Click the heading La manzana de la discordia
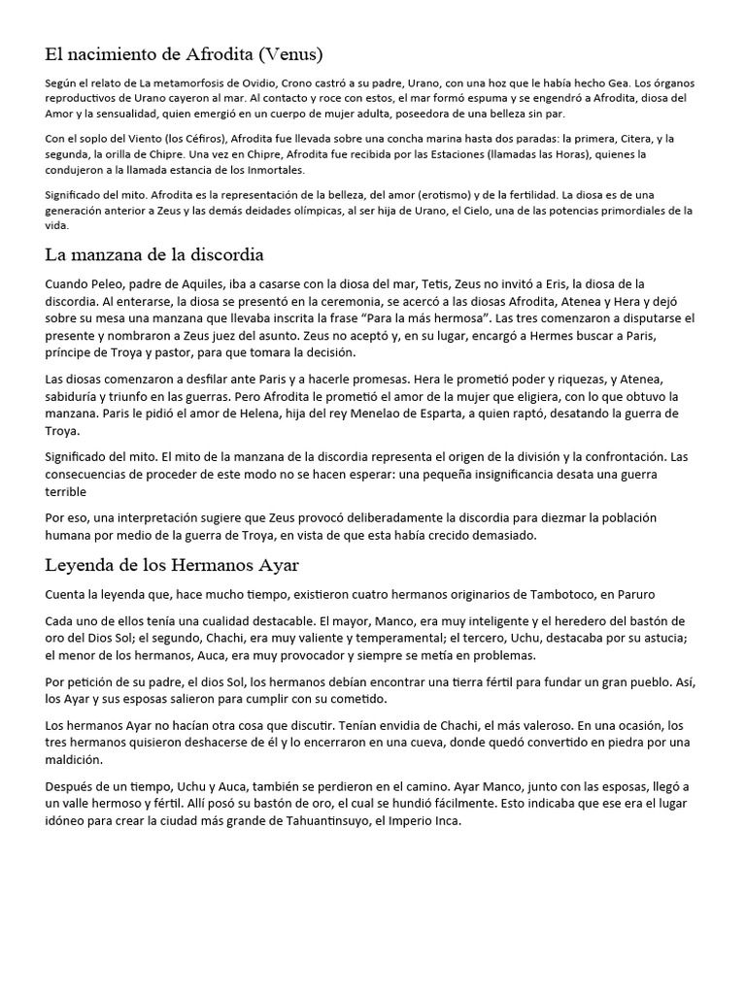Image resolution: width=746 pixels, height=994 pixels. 154,255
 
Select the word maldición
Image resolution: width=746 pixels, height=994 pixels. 75,760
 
